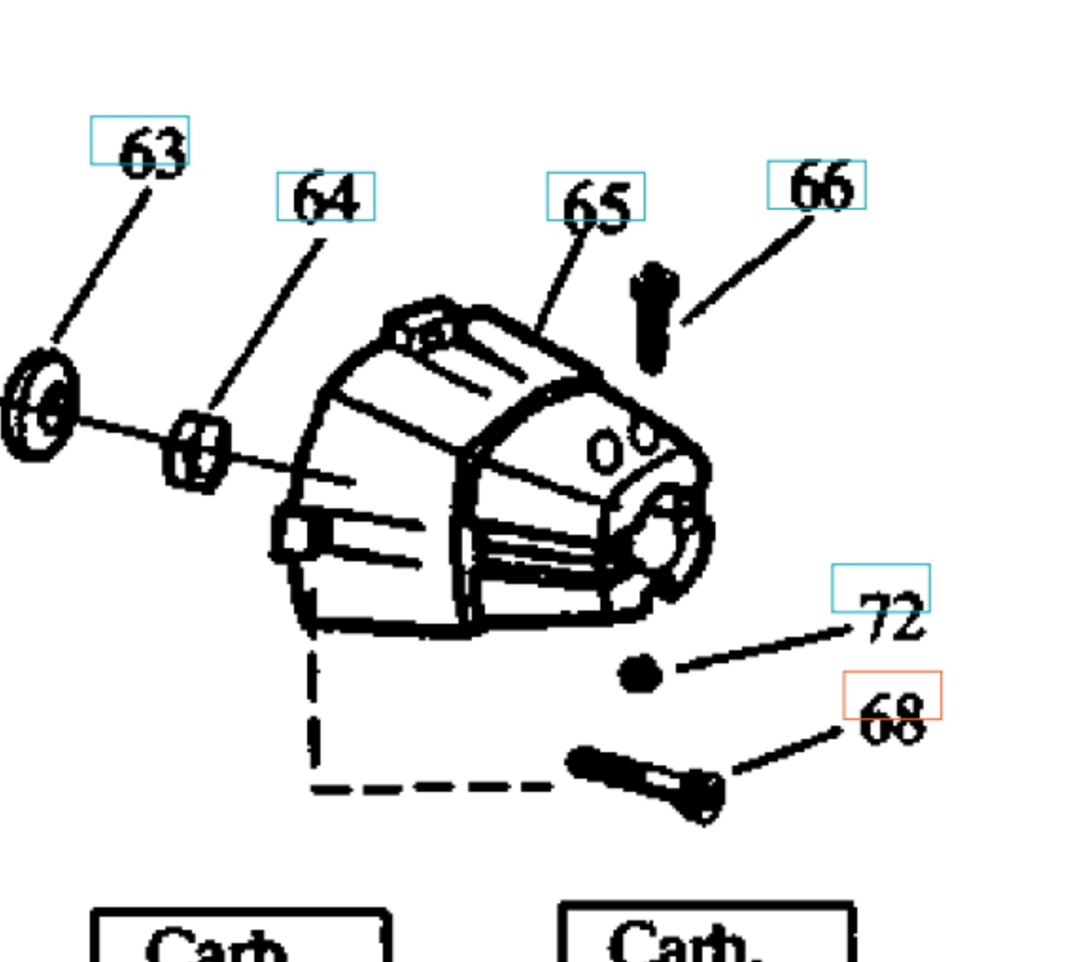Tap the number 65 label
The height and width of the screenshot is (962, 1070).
(x=595, y=206)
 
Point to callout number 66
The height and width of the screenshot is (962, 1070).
(x=820, y=186)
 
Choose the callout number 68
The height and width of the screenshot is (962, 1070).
(x=892, y=720)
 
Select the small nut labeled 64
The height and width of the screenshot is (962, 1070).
(x=197, y=452)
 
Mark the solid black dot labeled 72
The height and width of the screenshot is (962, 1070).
(x=640, y=674)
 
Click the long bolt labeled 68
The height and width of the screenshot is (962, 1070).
(x=643, y=779)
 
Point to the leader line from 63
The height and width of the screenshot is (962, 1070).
(x=102, y=266)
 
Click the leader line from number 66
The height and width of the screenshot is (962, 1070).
(x=747, y=271)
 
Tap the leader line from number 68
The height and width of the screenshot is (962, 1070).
(x=787, y=751)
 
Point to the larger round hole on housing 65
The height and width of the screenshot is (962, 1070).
(x=604, y=452)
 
